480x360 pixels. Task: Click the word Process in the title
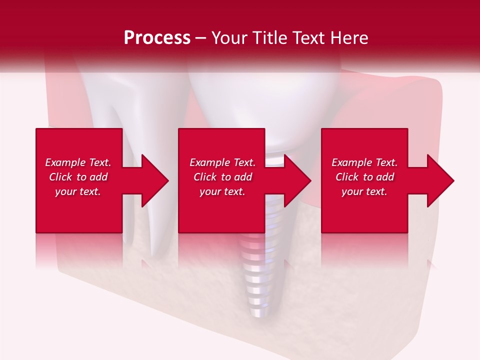(x=157, y=38)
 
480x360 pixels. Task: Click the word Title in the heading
(x=267, y=38)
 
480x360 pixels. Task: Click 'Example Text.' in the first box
(x=78, y=162)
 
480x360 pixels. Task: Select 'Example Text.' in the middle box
(x=222, y=162)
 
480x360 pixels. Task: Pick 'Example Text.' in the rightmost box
(x=364, y=162)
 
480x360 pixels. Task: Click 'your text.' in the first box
(x=78, y=191)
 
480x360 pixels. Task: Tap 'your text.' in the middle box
(x=222, y=191)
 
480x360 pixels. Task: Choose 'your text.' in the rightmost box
(x=364, y=191)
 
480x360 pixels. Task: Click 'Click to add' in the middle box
(x=222, y=177)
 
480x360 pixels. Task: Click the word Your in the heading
(x=228, y=38)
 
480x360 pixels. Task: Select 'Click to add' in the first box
(x=78, y=177)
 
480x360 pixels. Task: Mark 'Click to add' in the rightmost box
(x=364, y=177)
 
